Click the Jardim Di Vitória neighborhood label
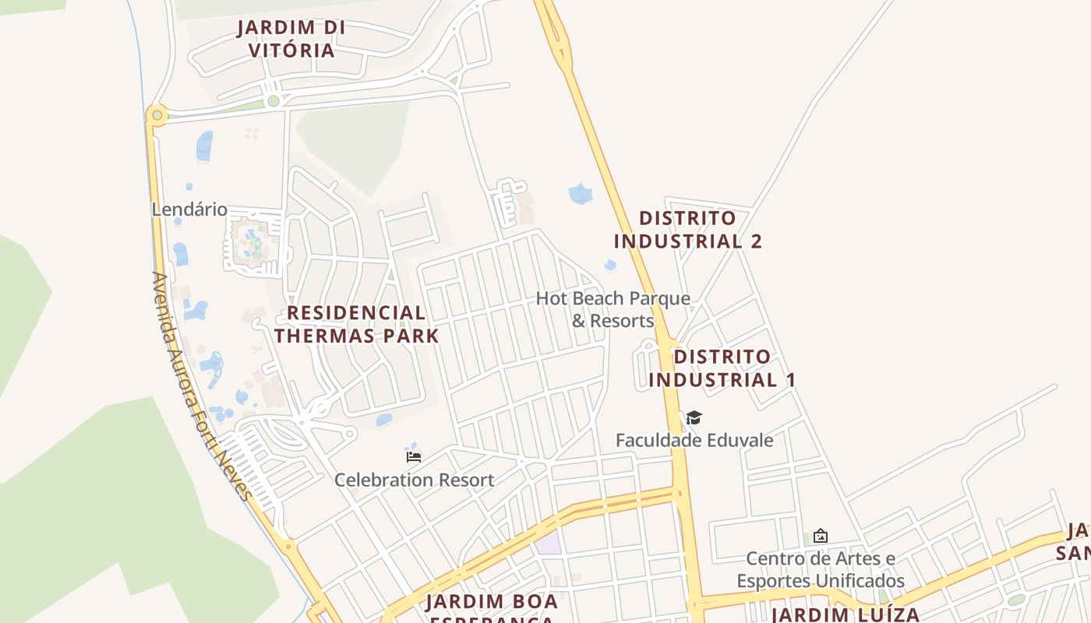pos(291,39)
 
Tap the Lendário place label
pos(189,209)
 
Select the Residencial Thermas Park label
pos(357,324)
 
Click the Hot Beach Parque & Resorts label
pos(613,309)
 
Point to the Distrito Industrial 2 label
pos(687,229)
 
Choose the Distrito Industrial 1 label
pos(722,368)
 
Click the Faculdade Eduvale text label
pos(694,440)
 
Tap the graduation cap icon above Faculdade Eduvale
pos(694,418)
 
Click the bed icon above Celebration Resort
pos(414,457)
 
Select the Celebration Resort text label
pos(414,480)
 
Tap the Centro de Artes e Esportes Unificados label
pos(821,570)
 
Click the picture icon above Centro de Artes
pos(820,536)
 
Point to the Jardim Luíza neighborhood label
pos(845,614)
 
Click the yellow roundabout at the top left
pos(157,115)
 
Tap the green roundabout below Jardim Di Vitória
pos(273,100)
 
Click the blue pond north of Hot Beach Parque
pos(581,193)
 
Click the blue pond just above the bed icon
pos(384,420)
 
